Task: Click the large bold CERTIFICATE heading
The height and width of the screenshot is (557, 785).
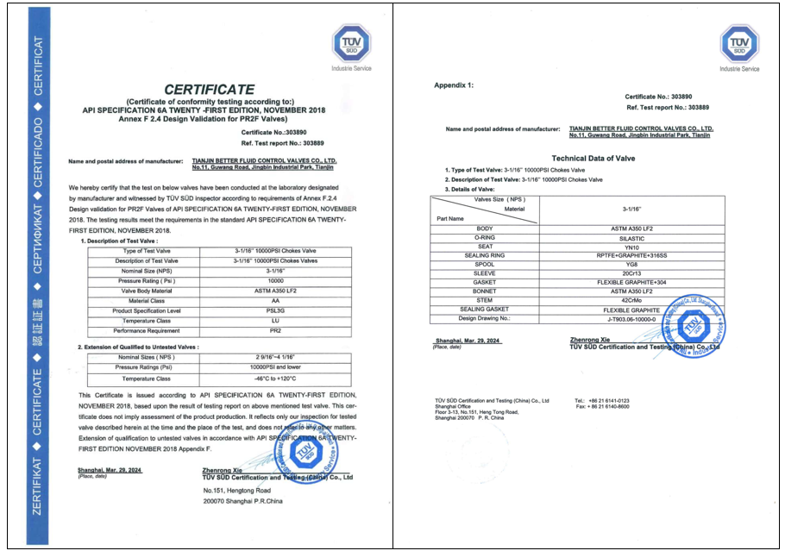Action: tap(209, 89)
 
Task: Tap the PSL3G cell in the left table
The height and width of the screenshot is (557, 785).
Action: tap(276, 310)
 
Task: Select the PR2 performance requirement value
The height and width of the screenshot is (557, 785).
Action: tap(276, 330)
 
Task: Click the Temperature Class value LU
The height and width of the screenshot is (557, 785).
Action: tap(276, 320)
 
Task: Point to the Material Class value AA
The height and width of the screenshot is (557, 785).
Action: tap(276, 300)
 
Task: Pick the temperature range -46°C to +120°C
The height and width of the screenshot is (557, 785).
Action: tap(276, 378)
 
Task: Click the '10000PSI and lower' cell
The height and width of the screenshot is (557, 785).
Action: tap(276, 367)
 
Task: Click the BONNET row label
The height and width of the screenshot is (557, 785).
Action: tap(484, 291)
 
